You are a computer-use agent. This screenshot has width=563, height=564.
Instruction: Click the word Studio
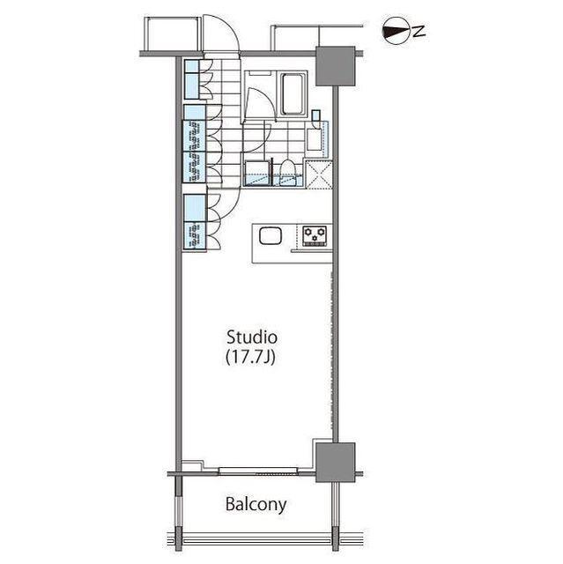coord(252,338)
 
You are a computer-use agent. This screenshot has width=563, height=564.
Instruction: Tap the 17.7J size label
coord(250,357)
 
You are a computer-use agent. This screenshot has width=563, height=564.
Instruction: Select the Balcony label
coord(256,504)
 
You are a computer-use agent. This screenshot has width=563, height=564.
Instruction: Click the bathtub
coord(293,94)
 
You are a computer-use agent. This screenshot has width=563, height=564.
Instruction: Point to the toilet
coord(287,172)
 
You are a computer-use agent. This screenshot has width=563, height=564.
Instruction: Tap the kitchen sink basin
coord(270,236)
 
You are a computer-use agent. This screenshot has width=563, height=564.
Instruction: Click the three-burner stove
coord(315,236)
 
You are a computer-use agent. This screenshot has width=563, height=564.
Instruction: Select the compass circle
coord(396,32)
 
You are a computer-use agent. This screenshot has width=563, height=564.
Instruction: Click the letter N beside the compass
coord(419,32)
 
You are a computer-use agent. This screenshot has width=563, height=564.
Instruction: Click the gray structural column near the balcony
coord(335,463)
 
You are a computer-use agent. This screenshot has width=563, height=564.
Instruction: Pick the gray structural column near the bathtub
coord(336,66)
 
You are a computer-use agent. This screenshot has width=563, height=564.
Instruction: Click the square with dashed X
coord(319,174)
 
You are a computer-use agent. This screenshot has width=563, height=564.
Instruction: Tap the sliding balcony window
coord(258,471)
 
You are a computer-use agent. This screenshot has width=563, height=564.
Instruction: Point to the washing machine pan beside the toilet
coord(257,174)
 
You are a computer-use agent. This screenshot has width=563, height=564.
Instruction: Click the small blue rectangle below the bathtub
coord(316,115)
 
